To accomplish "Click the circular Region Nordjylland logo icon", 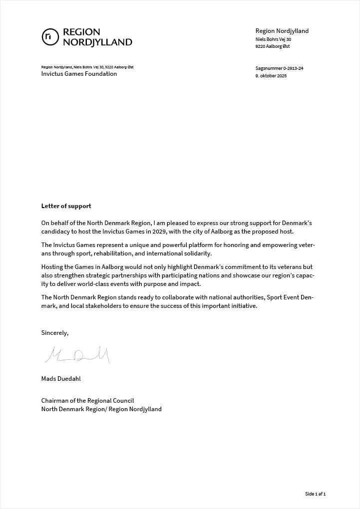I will [50, 37].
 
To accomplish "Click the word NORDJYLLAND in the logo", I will [97, 42].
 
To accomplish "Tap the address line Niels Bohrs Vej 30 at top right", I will [273, 39].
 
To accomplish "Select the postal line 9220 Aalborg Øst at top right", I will [273, 46].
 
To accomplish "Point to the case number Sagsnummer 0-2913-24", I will [279, 68].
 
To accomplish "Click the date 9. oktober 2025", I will [271, 76].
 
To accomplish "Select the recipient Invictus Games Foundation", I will [79, 74].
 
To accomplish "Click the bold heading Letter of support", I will [66, 206].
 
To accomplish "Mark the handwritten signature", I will [77, 354].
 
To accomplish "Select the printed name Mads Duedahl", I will [61, 378].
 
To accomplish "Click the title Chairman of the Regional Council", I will [87, 400].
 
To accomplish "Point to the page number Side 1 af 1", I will [315, 494].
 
